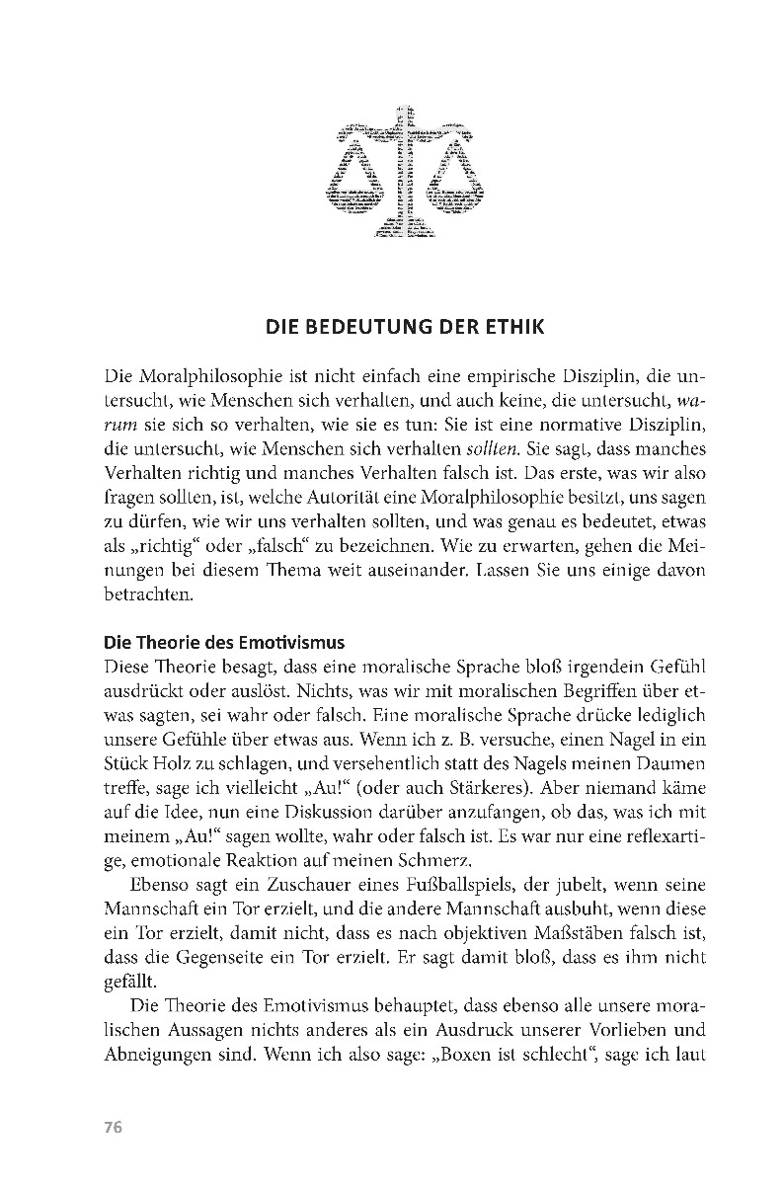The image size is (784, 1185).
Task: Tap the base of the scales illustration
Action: point(402,233)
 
